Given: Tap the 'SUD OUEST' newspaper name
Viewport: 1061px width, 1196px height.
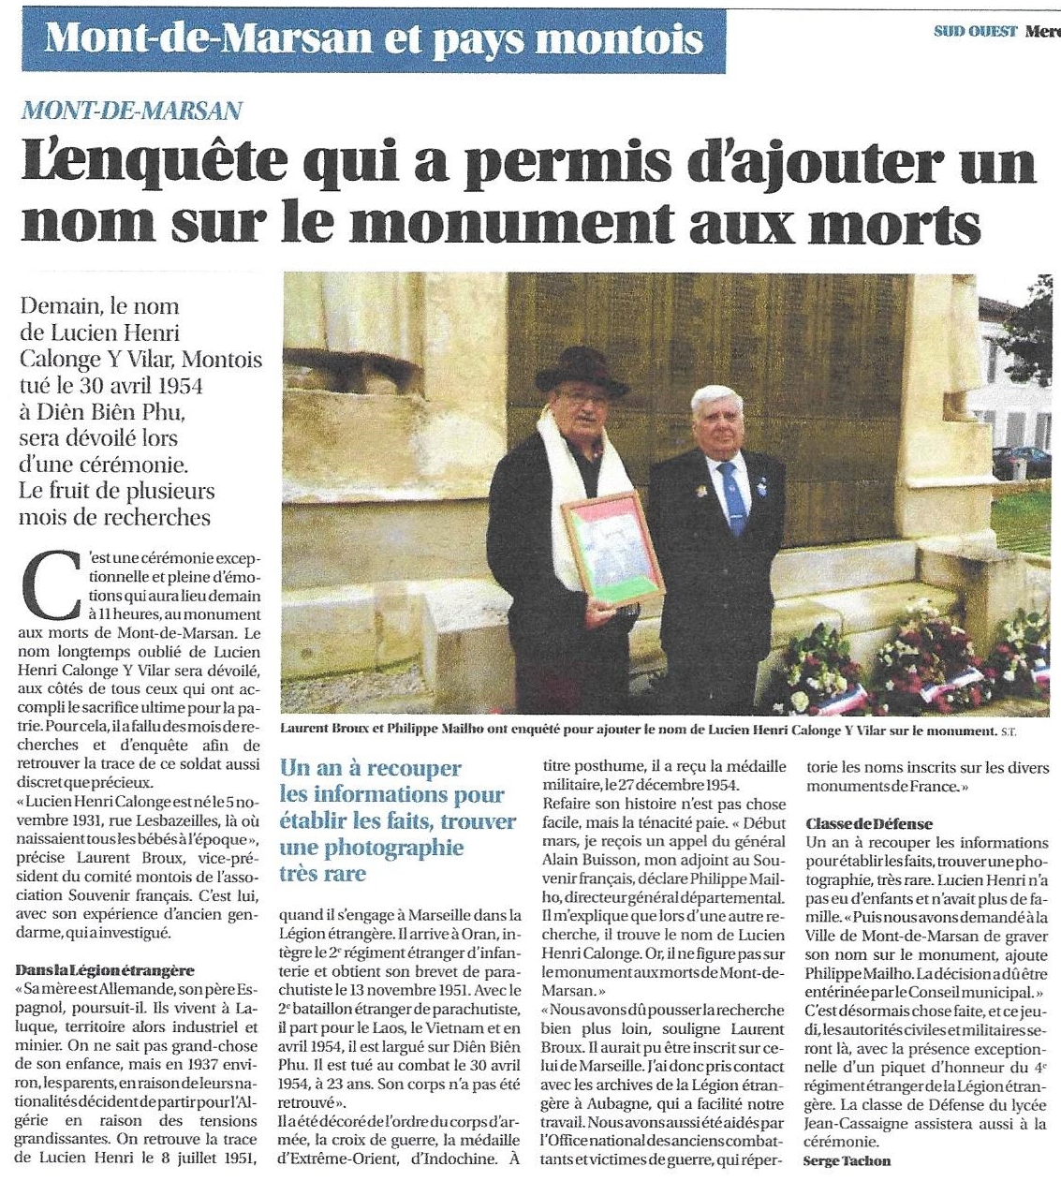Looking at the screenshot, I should [975, 31].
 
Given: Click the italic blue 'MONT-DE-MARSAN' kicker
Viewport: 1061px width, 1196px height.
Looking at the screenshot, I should [131, 111].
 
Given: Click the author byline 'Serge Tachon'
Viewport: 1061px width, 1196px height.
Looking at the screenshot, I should [847, 1160].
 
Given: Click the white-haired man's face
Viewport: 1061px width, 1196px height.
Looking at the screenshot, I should [719, 423].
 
